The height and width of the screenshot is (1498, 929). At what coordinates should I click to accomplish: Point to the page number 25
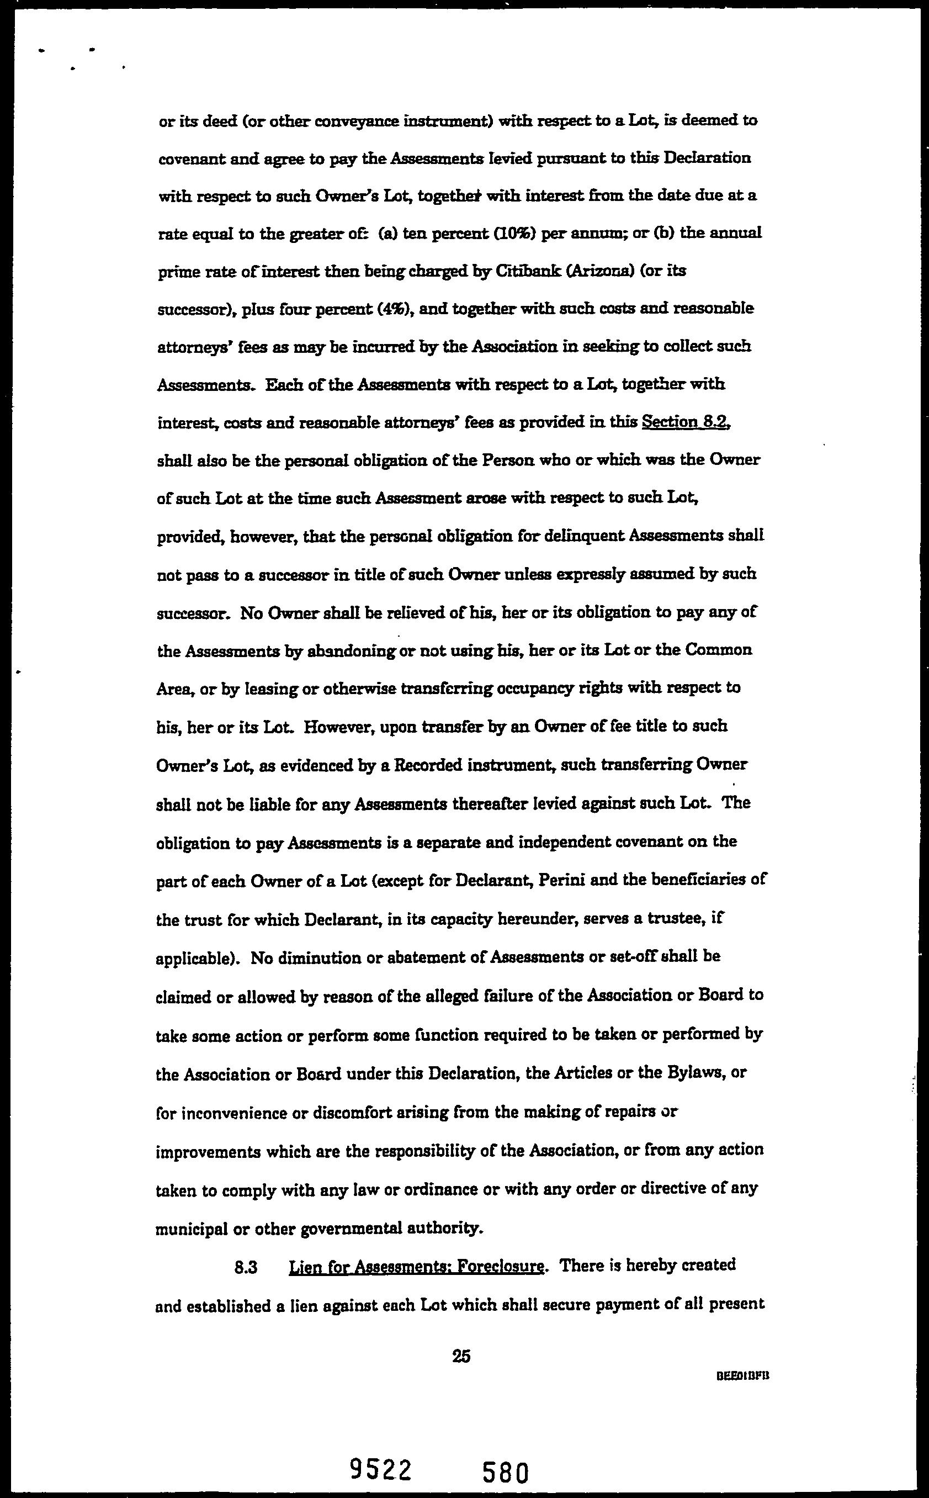click(461, 1356)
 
